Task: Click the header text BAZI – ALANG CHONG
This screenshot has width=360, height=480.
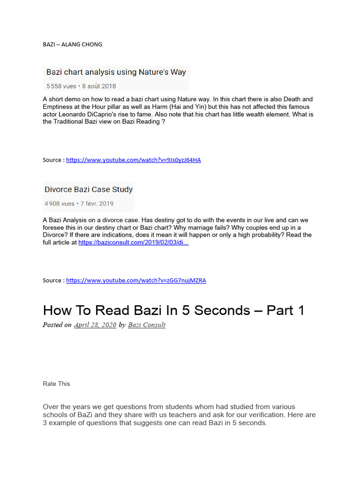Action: pyautogui.click(x=72, y=45)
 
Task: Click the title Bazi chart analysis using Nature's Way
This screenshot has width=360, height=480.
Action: pyautogui.click(x=116, y=72)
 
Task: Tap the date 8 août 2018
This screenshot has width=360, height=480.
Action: pyautogui.click(x=99, y=86)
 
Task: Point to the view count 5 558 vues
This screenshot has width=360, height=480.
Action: pyautogui.click(x=61, y=86)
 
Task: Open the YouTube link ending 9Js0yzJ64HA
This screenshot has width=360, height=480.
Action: pyautogui.click(x=133, y=160)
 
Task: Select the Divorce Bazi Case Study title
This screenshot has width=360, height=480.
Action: pyautogui.click(x=89, y=190)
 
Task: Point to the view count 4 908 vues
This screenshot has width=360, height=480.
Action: pyautogui.click(x=60, y=204)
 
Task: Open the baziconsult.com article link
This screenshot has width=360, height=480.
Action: pyautogui.click(x=133, y=242)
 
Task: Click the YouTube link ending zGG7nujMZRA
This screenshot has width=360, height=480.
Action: pyautogui.click(x=136, y=280)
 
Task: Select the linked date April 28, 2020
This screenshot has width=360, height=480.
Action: pyautogui.click(x=95, y=325)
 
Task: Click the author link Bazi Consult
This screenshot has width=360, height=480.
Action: pyautogui.click(x=146, y=325)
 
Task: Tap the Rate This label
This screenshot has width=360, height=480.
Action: pyautogui.click(x=56, y=384)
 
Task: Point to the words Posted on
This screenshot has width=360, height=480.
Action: pyautogui.click(x=57, y=325)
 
